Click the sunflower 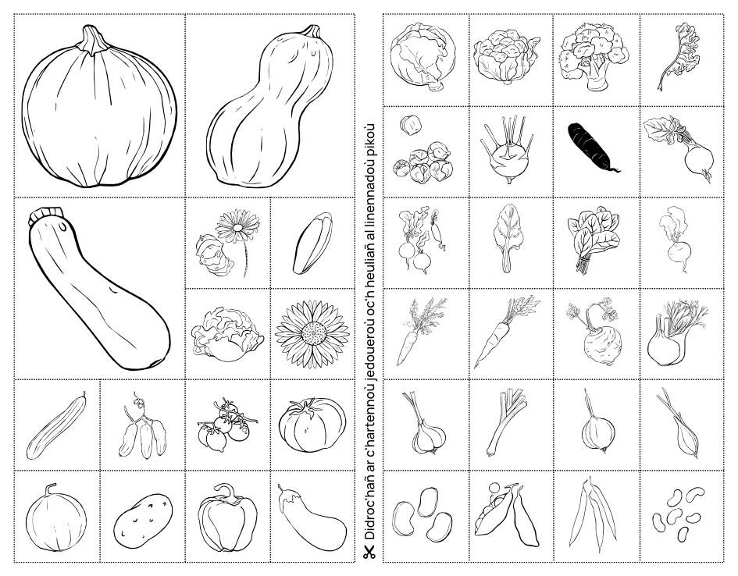pos(312,333)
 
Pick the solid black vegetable pos(593,148)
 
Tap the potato pos(143,520)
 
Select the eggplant pos(312,517)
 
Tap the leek pos(506,422)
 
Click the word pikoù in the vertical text pos(369,137)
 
